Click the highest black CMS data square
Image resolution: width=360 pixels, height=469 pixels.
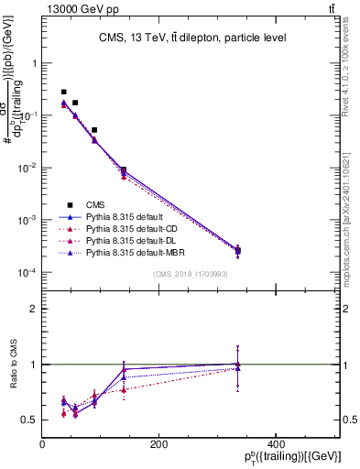[63, 93]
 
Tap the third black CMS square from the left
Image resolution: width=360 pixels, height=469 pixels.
[94, 130]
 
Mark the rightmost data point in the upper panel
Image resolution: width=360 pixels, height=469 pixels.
[238, 250]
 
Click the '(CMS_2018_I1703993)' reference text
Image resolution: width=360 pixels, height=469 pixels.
[191, 274]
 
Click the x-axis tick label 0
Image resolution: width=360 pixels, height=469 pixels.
[43, 444]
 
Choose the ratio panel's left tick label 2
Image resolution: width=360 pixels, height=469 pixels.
[34, 309]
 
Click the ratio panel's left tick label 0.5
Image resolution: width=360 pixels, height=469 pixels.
[30, 420]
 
